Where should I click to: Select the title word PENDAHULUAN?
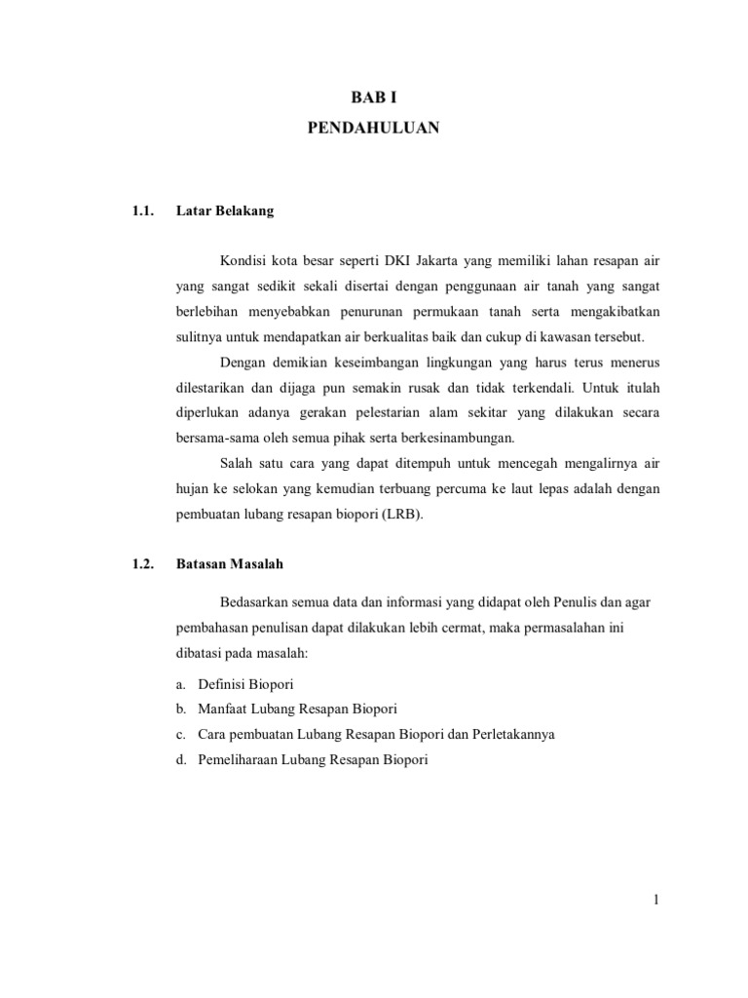pos(374,128)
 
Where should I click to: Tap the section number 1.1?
pos(144,210)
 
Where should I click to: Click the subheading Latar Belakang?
pos(225,210)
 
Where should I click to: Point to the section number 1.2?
pos(144,563)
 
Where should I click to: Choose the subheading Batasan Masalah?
pos(230,563)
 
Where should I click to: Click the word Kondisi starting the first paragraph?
pos(244,262)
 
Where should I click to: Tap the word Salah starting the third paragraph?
pos(239,464)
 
